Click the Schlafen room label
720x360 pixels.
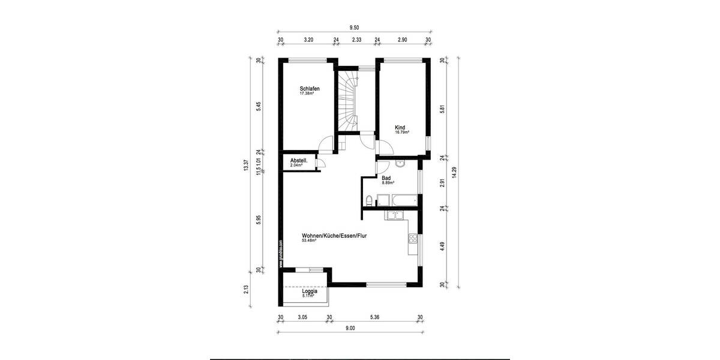pos(309,89)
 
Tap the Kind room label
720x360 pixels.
pos(400,127)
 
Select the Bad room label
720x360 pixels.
pos(386,178)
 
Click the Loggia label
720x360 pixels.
pos(310,291)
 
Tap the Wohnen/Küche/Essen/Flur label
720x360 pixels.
pos(334,236)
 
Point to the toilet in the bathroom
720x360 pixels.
pos(368,200)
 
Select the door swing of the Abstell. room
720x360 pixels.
pos(322,163)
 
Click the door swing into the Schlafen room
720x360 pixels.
pos(326,143)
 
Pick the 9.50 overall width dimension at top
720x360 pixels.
pos(354,27)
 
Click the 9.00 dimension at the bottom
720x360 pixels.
pos(350,328)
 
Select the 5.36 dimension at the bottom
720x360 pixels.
pos(374,317)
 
